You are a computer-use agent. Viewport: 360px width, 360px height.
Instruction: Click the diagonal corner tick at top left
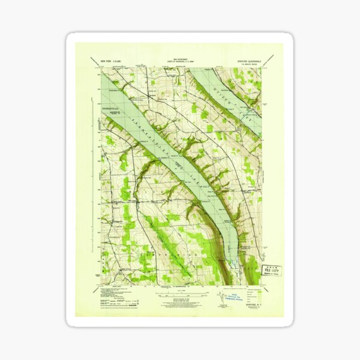tap(95, 61)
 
